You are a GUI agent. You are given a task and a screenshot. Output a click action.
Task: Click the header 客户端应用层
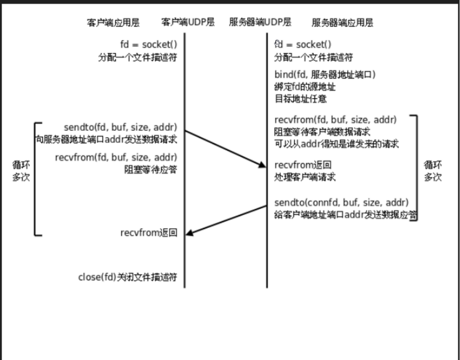(113, 22)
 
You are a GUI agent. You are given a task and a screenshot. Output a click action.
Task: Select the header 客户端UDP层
(187, 22)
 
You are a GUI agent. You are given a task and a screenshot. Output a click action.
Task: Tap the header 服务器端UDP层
(260, 22)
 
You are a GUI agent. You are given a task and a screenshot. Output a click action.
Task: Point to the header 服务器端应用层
(342, 22)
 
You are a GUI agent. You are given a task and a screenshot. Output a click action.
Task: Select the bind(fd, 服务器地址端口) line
(325, 75)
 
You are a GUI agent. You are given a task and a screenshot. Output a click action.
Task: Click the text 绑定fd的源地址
(305, 87)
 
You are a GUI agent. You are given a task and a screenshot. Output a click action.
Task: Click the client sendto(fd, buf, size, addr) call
(121, 127)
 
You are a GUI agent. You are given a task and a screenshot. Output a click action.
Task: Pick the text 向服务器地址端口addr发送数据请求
(106, 139)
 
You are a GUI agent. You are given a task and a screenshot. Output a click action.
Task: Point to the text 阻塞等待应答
(151, 169)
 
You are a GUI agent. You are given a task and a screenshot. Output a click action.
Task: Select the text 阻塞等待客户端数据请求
(322, 132)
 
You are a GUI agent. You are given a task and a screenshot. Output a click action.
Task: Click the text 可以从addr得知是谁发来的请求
(337, 144)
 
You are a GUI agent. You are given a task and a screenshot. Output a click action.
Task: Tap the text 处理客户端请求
(305, 177)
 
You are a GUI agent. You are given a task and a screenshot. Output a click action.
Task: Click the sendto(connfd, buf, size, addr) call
(341, 203)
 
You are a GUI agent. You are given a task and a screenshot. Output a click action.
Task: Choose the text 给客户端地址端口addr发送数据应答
(346, 215)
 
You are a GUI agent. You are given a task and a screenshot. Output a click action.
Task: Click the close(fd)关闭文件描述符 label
(128, 277)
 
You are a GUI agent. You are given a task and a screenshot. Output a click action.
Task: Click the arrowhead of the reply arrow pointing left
(189, 233)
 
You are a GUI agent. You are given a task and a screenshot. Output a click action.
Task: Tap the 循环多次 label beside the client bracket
(21, 171)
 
